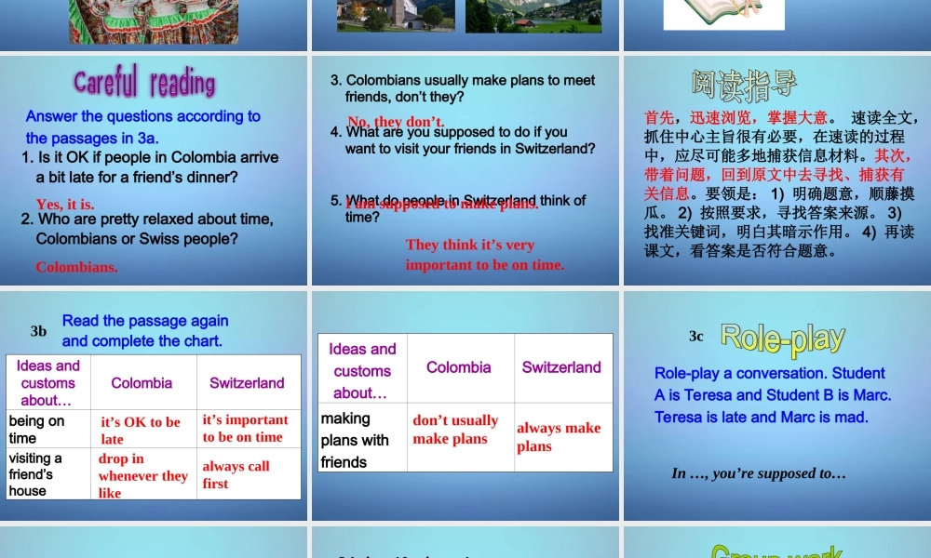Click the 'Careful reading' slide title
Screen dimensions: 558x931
144,83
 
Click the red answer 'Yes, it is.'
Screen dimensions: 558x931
65,204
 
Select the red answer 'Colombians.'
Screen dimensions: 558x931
76,267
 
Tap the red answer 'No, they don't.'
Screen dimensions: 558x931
396,122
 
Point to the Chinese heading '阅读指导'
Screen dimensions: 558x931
744,84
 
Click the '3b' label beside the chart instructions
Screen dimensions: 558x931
38,330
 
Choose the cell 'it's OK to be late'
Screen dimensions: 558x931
142,430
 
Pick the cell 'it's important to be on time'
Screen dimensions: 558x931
246,428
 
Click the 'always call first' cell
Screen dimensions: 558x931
236,474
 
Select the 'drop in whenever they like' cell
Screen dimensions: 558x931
142,475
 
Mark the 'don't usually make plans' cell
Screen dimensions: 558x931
455,429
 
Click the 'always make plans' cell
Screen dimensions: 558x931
559,436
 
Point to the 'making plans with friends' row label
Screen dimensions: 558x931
355,440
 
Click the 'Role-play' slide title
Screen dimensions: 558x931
782,339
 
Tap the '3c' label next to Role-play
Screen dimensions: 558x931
696,336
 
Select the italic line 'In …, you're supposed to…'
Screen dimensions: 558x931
759,473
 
